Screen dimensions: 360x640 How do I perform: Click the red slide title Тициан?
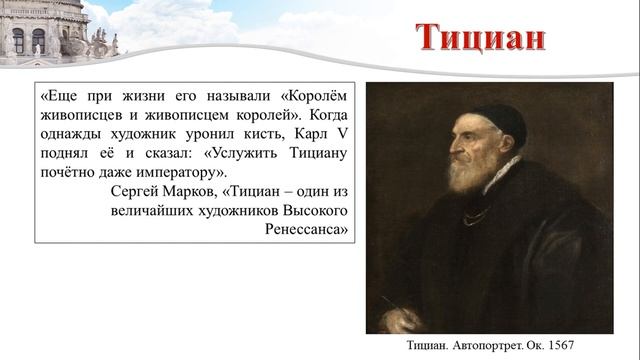[481, 38]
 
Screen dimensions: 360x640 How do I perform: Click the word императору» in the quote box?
[174, 173]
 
